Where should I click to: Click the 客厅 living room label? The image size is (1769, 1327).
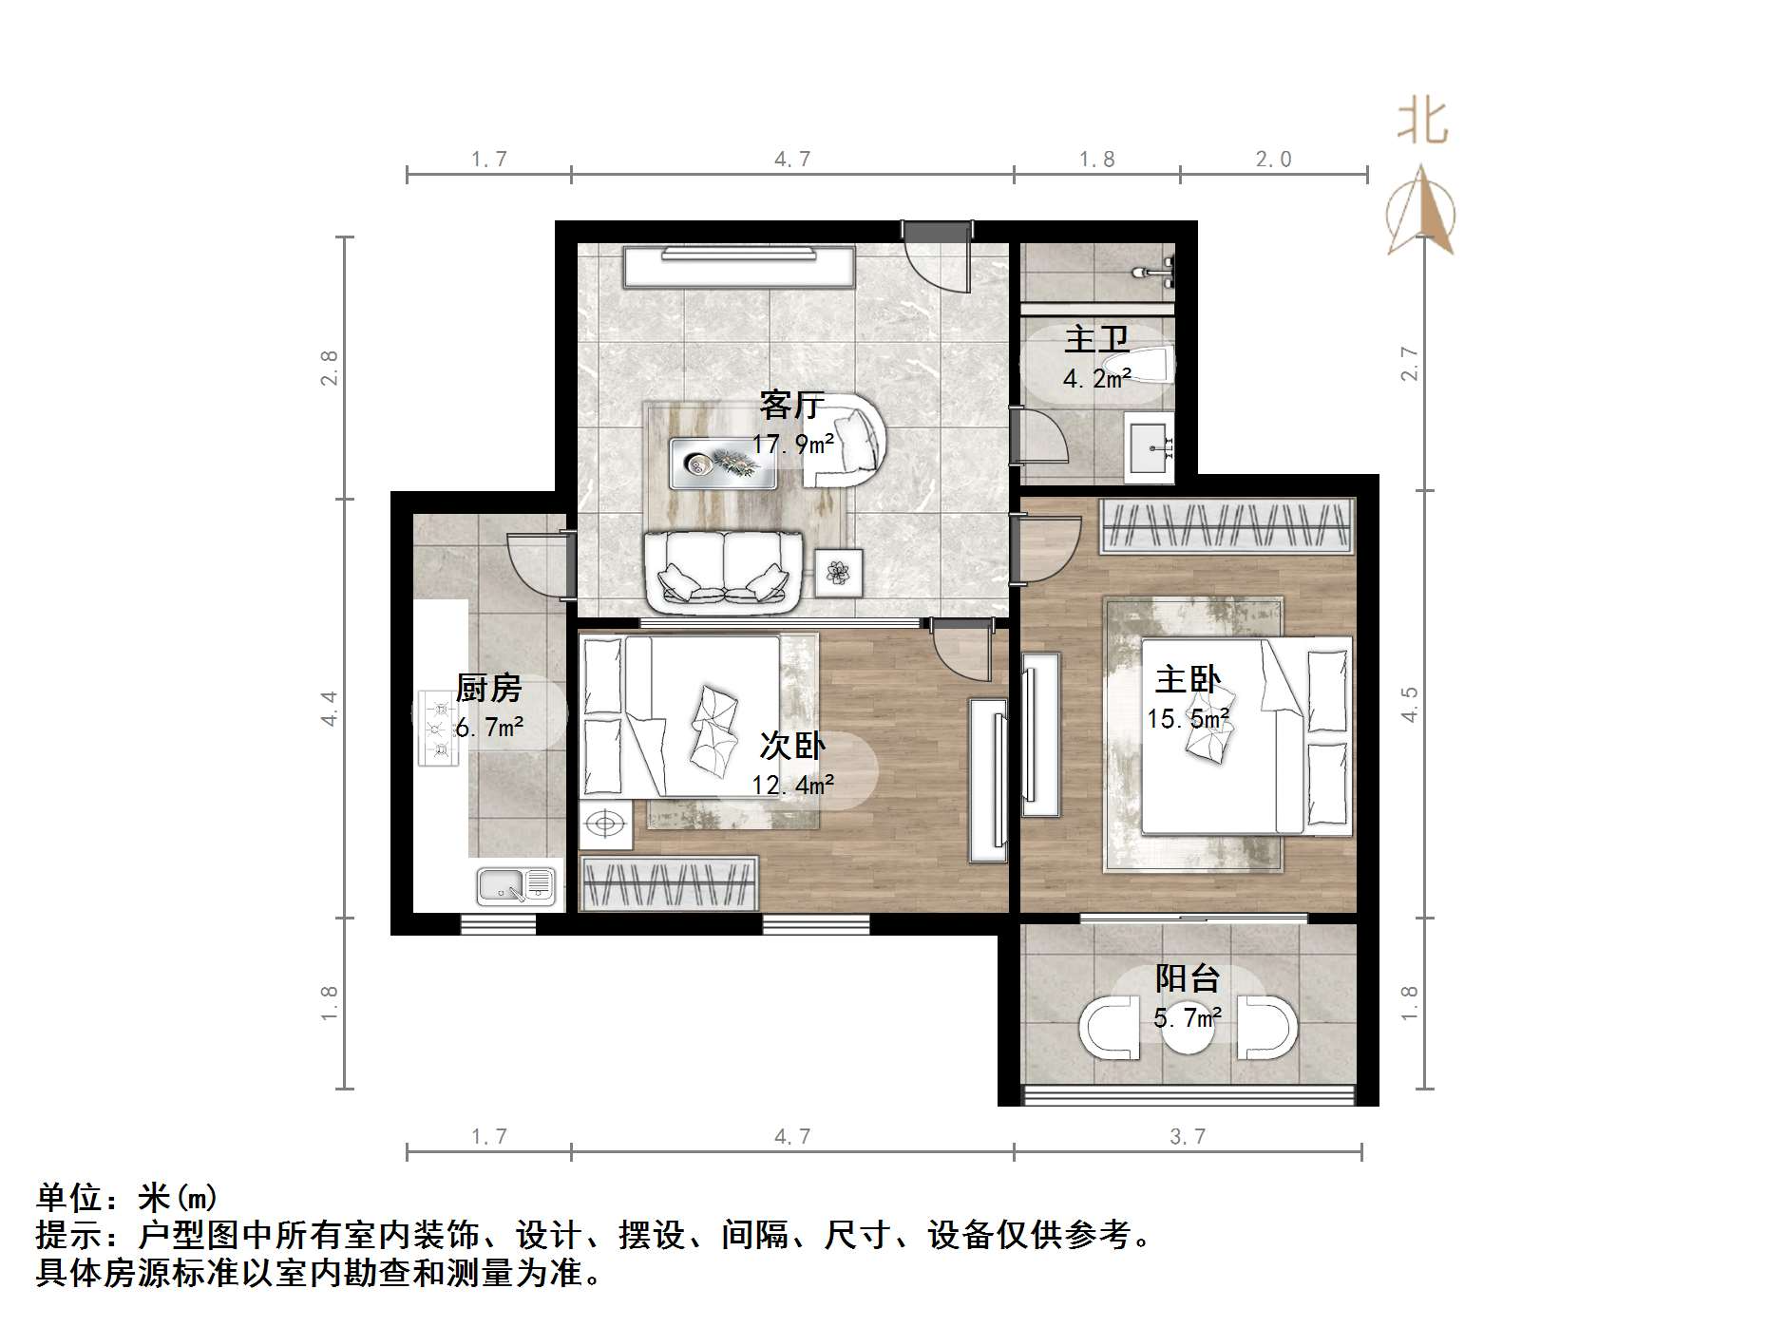791,406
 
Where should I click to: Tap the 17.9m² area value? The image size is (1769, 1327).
792,444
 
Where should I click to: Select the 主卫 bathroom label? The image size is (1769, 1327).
1096,339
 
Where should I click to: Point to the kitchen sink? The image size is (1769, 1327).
516,885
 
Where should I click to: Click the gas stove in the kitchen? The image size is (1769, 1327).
438,729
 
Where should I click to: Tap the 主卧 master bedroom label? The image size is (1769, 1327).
1188,680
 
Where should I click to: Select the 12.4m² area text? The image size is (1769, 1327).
792,785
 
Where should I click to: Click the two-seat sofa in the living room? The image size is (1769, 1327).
725,570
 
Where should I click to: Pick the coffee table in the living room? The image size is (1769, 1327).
722,464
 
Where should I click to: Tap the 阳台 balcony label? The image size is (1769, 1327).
1188,978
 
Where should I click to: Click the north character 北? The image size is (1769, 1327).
1421,123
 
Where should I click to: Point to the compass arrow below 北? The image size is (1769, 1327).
1420,211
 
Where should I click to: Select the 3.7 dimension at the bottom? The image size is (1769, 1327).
1187,1136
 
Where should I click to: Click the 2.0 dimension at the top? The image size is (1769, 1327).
1273,160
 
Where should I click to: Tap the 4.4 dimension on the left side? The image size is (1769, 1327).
329,709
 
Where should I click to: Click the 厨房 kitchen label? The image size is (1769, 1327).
488,689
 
